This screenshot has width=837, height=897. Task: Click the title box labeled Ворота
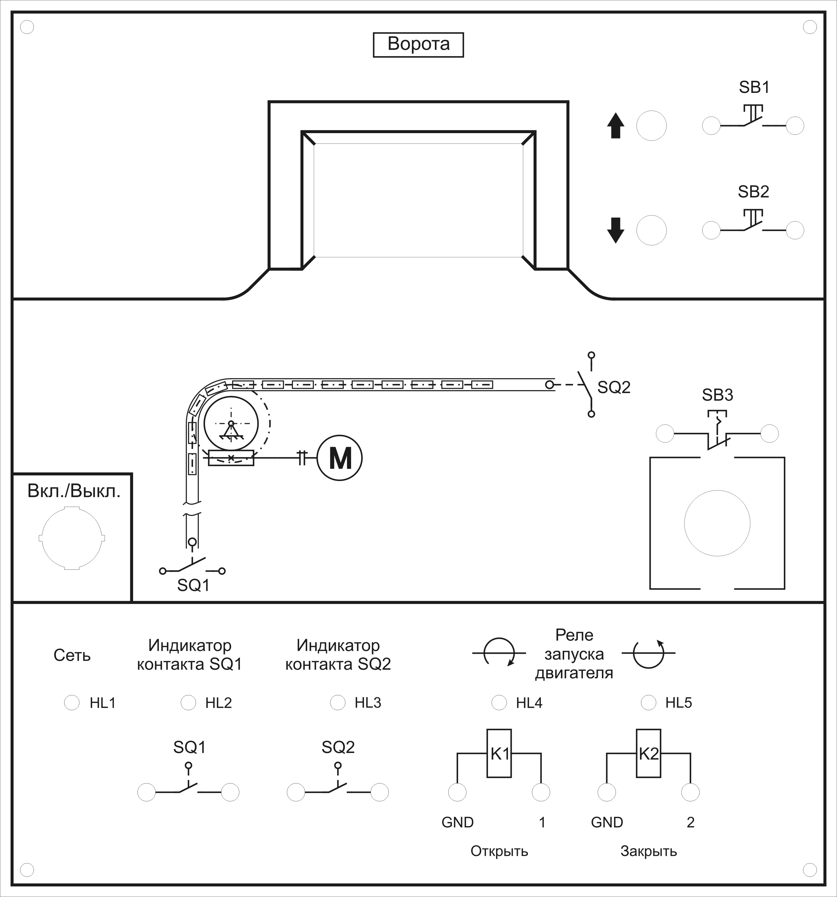[x=418, y=44]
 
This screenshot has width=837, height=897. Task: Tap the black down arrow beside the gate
[x=616, y=231]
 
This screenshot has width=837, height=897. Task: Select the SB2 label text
[x=753, y=192]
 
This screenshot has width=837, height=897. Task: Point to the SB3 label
[x=718, y=395]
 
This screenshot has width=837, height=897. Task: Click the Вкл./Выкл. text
[x=74, y=491]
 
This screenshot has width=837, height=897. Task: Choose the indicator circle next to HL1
[x=72, y=703]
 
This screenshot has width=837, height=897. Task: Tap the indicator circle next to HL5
[x=648, y=703]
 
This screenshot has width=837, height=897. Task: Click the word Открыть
[x=499, y=851]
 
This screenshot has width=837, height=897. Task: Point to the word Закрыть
[x=648, y=851]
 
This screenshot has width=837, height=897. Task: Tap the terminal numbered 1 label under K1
[x=542, y=822]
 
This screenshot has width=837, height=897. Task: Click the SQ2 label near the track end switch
[x=614, y=387]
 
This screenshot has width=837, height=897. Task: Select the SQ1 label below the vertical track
[x=193, y=585]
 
